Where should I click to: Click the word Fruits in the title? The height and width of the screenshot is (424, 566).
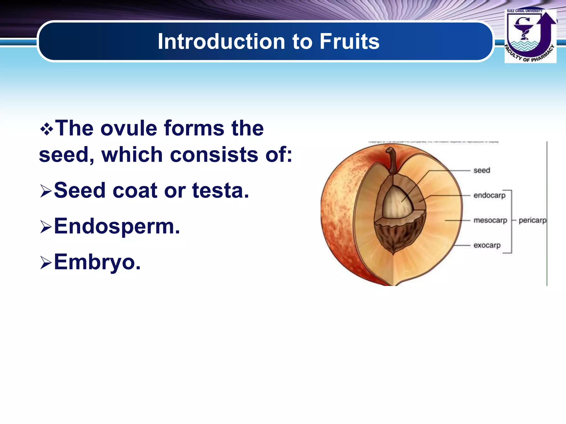[x=349, y=41]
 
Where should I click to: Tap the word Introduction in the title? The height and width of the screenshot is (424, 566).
[x=221, y=41]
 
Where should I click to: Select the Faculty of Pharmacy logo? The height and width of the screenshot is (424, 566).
[x=530, y=36]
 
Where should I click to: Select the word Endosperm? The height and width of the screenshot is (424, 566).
[x=117, y=226]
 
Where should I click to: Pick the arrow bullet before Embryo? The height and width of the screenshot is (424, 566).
[x=46, y=263]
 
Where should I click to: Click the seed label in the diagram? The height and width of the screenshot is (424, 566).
[x=482, y=170]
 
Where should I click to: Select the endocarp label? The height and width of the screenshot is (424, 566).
[x=489, y=195]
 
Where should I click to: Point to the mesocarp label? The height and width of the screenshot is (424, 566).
[x=490, y=220]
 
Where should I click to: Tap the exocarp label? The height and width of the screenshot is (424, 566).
[x=487, y=245]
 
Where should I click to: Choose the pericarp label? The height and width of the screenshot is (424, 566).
[x=532, y=220]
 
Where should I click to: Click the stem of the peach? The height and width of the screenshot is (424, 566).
[x=392, y=160]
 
